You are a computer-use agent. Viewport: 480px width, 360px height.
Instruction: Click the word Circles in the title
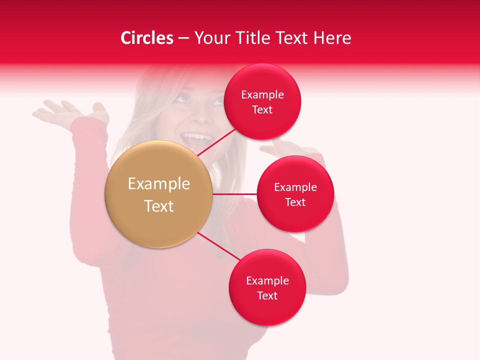(147, 38)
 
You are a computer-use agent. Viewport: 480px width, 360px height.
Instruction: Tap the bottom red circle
(267, 310)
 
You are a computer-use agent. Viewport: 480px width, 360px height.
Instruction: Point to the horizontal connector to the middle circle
(234, 194)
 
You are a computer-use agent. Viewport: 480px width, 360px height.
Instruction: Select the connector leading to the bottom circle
(218, 246)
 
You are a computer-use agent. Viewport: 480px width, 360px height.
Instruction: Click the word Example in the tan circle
(159, 184)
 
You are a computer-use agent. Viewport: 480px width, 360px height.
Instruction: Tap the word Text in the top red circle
(262, 110)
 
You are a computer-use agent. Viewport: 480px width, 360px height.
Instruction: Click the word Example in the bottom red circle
(267, 280)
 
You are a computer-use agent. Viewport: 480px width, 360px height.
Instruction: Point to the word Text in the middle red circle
(295, 202)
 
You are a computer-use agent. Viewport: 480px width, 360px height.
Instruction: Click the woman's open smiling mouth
(196, 138)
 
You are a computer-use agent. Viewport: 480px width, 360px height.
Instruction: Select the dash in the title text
(183, 38)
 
